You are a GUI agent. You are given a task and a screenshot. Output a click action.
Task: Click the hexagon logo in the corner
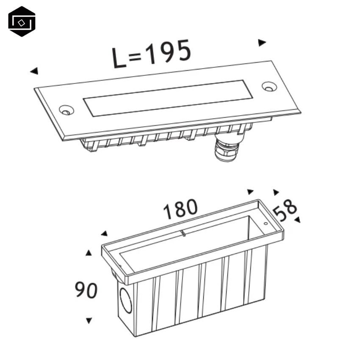coord(22,21)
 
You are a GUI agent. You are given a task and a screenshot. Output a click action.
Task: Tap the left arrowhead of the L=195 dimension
coord(34,71)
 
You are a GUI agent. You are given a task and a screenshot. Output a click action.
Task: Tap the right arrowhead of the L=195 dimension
coord(262,42)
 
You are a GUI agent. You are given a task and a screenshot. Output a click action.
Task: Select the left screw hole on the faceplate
coord(65,110)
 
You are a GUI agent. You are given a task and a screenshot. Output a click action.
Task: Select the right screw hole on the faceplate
coord(268,86)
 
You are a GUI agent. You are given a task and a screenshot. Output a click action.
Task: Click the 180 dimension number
coord(180,209)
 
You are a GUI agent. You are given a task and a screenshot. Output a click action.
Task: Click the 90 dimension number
coord(86,290)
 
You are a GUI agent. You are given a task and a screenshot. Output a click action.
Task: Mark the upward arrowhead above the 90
coord(89,253)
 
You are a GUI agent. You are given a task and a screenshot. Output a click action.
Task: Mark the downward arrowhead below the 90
coord(89,321)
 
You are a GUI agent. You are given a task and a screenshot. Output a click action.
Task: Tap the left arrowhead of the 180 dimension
coord(104,233)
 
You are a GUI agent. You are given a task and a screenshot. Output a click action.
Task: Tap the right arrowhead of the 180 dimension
coord(250,192)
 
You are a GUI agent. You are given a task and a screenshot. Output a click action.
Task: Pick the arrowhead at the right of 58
coord(297,219)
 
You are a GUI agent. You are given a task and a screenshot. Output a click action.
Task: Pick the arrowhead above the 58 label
coord(276,192)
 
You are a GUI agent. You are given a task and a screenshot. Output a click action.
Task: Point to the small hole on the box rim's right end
coord(266,223)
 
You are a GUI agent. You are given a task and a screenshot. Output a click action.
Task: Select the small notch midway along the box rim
coord(183,233)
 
